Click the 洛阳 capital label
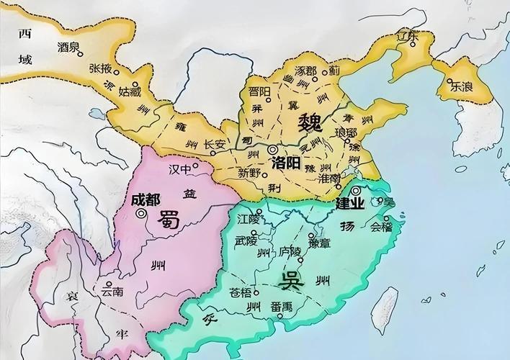(286, 163)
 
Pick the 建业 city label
(351, 204)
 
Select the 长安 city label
(215, 144)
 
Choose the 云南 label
(112, 292)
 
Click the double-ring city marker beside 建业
(356, 191)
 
